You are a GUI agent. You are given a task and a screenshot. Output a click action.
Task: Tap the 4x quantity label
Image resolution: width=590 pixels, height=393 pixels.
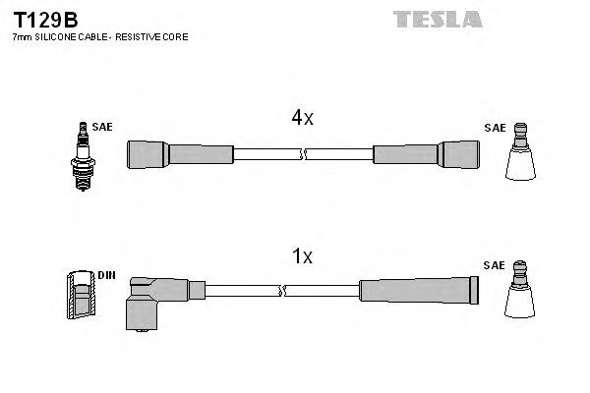(x=302, y=118)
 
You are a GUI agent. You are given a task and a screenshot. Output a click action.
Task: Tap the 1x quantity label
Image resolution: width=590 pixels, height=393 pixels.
(x=302, y=256)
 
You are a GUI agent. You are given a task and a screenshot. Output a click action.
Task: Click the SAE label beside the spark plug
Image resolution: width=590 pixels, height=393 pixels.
(x=101, y=128)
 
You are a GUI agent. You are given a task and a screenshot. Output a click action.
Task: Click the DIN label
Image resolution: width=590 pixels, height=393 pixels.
(x=106, y=275)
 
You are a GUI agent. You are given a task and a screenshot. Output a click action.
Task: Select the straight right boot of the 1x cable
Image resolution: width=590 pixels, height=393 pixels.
(x=419, y=290)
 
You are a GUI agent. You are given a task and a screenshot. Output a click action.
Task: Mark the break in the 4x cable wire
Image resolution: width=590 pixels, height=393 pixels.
(x=303, y=153)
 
